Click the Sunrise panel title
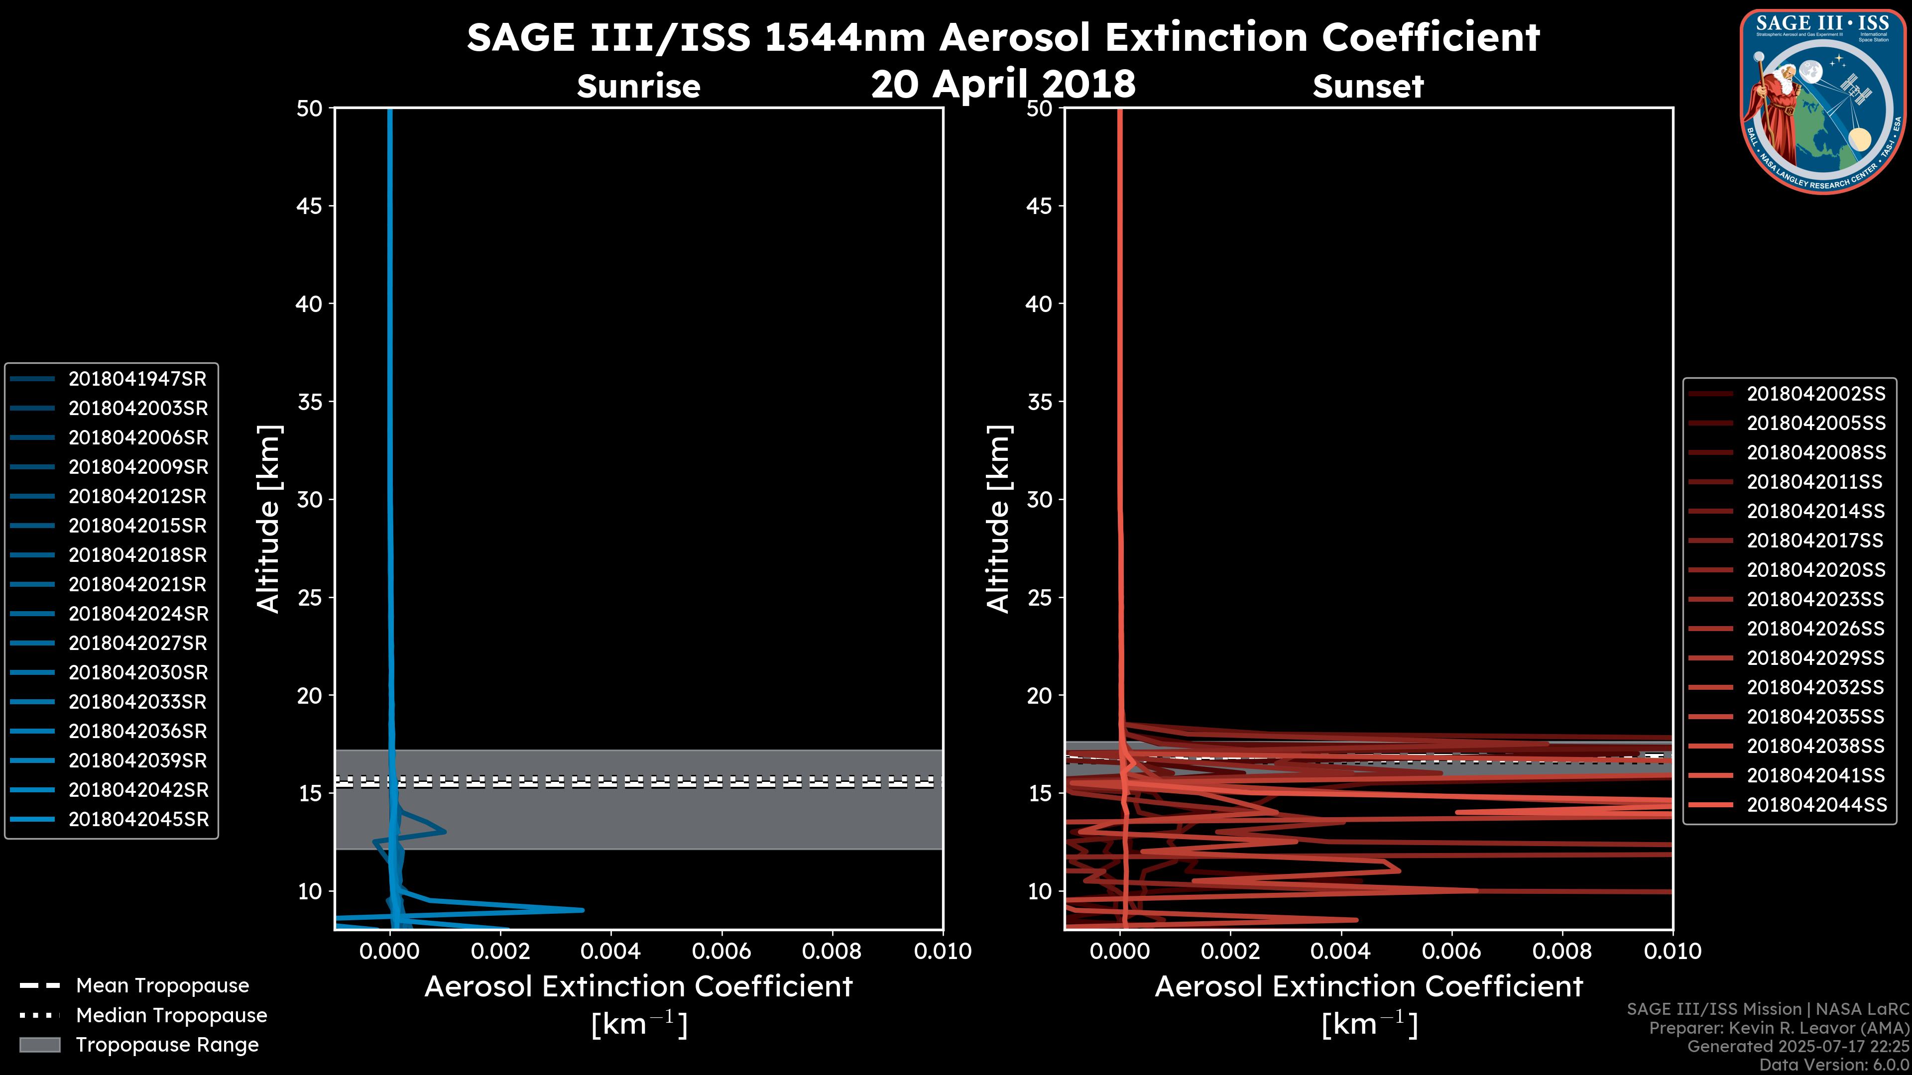click(638, 87)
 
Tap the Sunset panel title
click(1368, 87)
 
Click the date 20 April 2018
click(1003, 84)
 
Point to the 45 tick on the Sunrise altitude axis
click(310, 206)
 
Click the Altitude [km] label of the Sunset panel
click(998, 519)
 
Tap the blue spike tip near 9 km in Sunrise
click(583, 910)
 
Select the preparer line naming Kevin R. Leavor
click(1779, 1028)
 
